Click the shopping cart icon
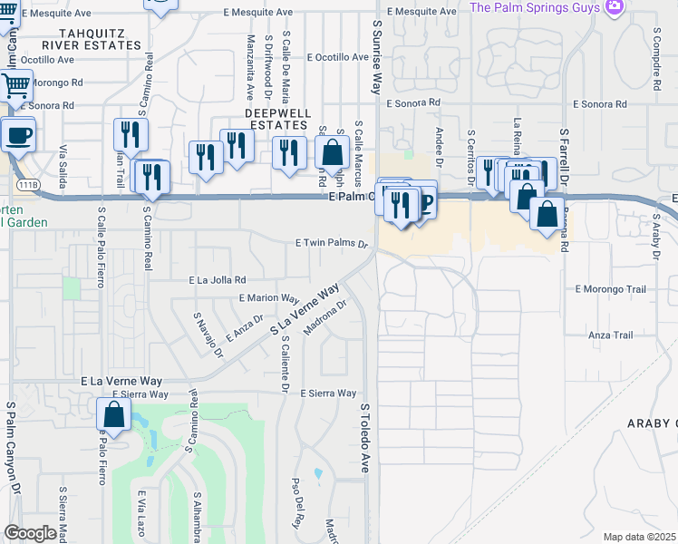point(15,87)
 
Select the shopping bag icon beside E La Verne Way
point(114,414)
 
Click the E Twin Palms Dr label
point(332,244)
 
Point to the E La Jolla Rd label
point(218,280)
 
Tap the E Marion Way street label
point(269,297)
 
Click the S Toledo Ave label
point(366,438)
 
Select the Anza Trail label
point(611,335)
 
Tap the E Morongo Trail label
point(610,289)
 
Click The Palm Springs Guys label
point(535,7)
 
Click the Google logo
point(29,533)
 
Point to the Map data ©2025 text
point(639,537)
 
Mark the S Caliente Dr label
point(284,366)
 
